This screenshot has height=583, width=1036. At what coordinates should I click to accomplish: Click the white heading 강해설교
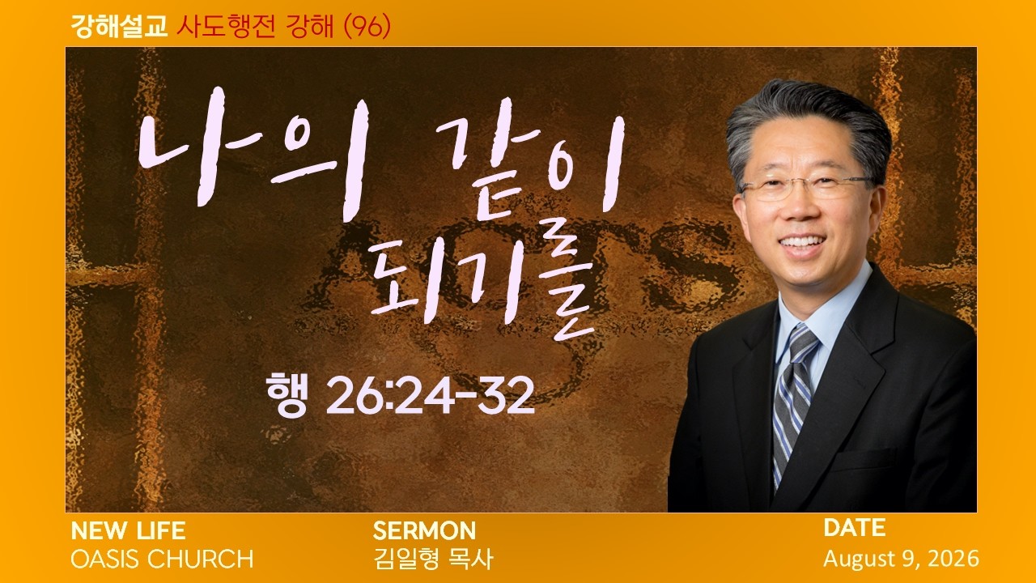[x=119, y=27]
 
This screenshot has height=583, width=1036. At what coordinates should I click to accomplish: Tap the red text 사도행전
[x=226, y=27]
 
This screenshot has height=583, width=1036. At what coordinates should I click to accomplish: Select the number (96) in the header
[x=367, y=27]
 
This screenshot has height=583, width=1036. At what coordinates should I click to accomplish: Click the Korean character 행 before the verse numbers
[x=287, y=395]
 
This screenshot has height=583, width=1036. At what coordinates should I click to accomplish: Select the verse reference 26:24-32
[x=430, y=396]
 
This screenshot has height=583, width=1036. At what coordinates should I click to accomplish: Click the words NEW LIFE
[x=128, y=531]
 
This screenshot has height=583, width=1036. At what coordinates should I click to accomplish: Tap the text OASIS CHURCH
[x=162, y=559]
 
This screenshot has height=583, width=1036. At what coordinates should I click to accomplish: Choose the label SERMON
[x=424, y=531]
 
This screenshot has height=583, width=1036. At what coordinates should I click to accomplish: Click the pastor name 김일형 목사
[x=433, y=559]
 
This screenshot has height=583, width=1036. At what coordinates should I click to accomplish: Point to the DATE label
[x=854, y=528]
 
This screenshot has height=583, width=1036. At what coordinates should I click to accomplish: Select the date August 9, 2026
[x=901, y=559]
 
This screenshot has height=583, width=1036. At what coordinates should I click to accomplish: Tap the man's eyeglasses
[x=807, y=187]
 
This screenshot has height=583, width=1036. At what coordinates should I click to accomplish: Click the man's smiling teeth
[x=801, y=242]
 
